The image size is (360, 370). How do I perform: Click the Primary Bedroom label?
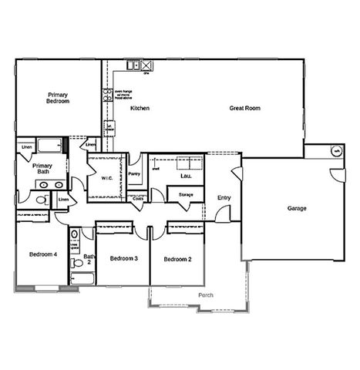(x=59, y=98)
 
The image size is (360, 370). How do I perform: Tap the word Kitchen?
(x=140, y=109)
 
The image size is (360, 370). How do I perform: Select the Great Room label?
(x=244, y=109)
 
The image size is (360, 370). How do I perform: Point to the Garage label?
(x=297, y=208)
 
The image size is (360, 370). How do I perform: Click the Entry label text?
(x=224, y=198)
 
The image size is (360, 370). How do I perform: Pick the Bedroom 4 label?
(x=43, y=254)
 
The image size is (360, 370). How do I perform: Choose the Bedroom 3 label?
(x=123, y=258)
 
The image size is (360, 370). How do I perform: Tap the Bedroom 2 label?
(x=177, y=259)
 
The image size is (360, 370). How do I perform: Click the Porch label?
(x=206, y=295)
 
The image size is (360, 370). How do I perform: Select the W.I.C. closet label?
(x=107, y=178)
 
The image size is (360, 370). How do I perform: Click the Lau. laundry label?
(x=186, y=176)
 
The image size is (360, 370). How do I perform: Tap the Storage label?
(x=186, y=195)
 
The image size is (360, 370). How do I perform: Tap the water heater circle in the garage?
(x=335, y=151)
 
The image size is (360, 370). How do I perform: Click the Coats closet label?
(x=138, y=198)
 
